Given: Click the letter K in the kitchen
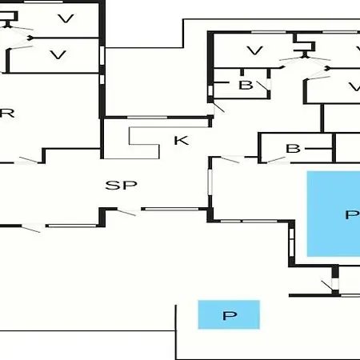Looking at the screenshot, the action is tap(182, 140).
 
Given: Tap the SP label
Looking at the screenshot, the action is tap(122, 185).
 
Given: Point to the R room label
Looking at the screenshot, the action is tap(7, 114).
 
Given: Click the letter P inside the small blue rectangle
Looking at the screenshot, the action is tap(230, 315).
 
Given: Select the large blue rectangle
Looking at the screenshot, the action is tap(334, 214).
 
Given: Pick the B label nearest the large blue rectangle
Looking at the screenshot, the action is tap(293, 149).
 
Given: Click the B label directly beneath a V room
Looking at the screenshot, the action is tap(246, 85).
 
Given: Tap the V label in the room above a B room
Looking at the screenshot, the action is tap(254, 50).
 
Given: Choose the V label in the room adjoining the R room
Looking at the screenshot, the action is tap(58, 54).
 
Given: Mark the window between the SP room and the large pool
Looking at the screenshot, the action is tap(210, 182).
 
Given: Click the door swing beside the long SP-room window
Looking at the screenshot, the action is tap(127, 213).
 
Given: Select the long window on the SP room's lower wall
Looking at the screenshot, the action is tap(170, 209).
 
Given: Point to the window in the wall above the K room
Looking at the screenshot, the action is tap(147, 118).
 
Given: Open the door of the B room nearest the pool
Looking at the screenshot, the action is tap(276, 159).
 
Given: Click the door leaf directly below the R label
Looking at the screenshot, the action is tap(29, 160).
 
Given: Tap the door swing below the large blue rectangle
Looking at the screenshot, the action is tap(327, 286).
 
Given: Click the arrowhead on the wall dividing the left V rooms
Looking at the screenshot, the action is tap(31, 38).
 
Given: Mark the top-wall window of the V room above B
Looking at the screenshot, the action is tap(269, 32).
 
